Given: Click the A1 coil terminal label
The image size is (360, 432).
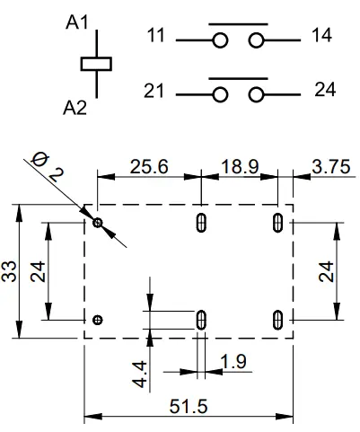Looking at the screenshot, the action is point(77,22).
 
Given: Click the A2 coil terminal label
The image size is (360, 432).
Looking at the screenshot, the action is point(75,108).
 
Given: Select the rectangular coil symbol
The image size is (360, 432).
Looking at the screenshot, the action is point(96,64).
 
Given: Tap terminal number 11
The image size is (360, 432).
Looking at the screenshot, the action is point(155,35).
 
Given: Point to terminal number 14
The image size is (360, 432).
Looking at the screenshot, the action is point(321,35).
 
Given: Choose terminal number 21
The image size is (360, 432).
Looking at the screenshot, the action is point(154,91).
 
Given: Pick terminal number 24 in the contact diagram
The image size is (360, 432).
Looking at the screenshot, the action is point(325,90).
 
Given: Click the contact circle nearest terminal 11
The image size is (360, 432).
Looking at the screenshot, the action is point(220,40).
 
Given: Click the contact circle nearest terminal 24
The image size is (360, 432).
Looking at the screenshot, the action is point(256,94).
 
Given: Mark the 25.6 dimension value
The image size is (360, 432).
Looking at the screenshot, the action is point(149,166).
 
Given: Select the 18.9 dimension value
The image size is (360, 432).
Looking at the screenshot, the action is point(240,166).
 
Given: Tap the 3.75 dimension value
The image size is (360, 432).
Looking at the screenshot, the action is point(331,166).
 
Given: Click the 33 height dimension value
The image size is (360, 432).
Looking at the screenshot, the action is point(9,271).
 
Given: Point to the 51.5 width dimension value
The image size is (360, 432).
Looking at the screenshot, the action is point(189,406).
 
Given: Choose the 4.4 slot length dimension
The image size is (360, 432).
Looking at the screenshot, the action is point(140,375).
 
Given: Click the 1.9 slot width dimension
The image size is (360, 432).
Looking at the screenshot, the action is point(233,361).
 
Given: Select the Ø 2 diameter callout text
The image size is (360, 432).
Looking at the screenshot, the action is point(48,167).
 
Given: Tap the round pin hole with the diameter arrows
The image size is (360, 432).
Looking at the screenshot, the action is point(98,223).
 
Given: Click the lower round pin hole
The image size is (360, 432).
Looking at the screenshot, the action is point(98,320).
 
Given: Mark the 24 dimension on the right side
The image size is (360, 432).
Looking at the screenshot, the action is point(326,271).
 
